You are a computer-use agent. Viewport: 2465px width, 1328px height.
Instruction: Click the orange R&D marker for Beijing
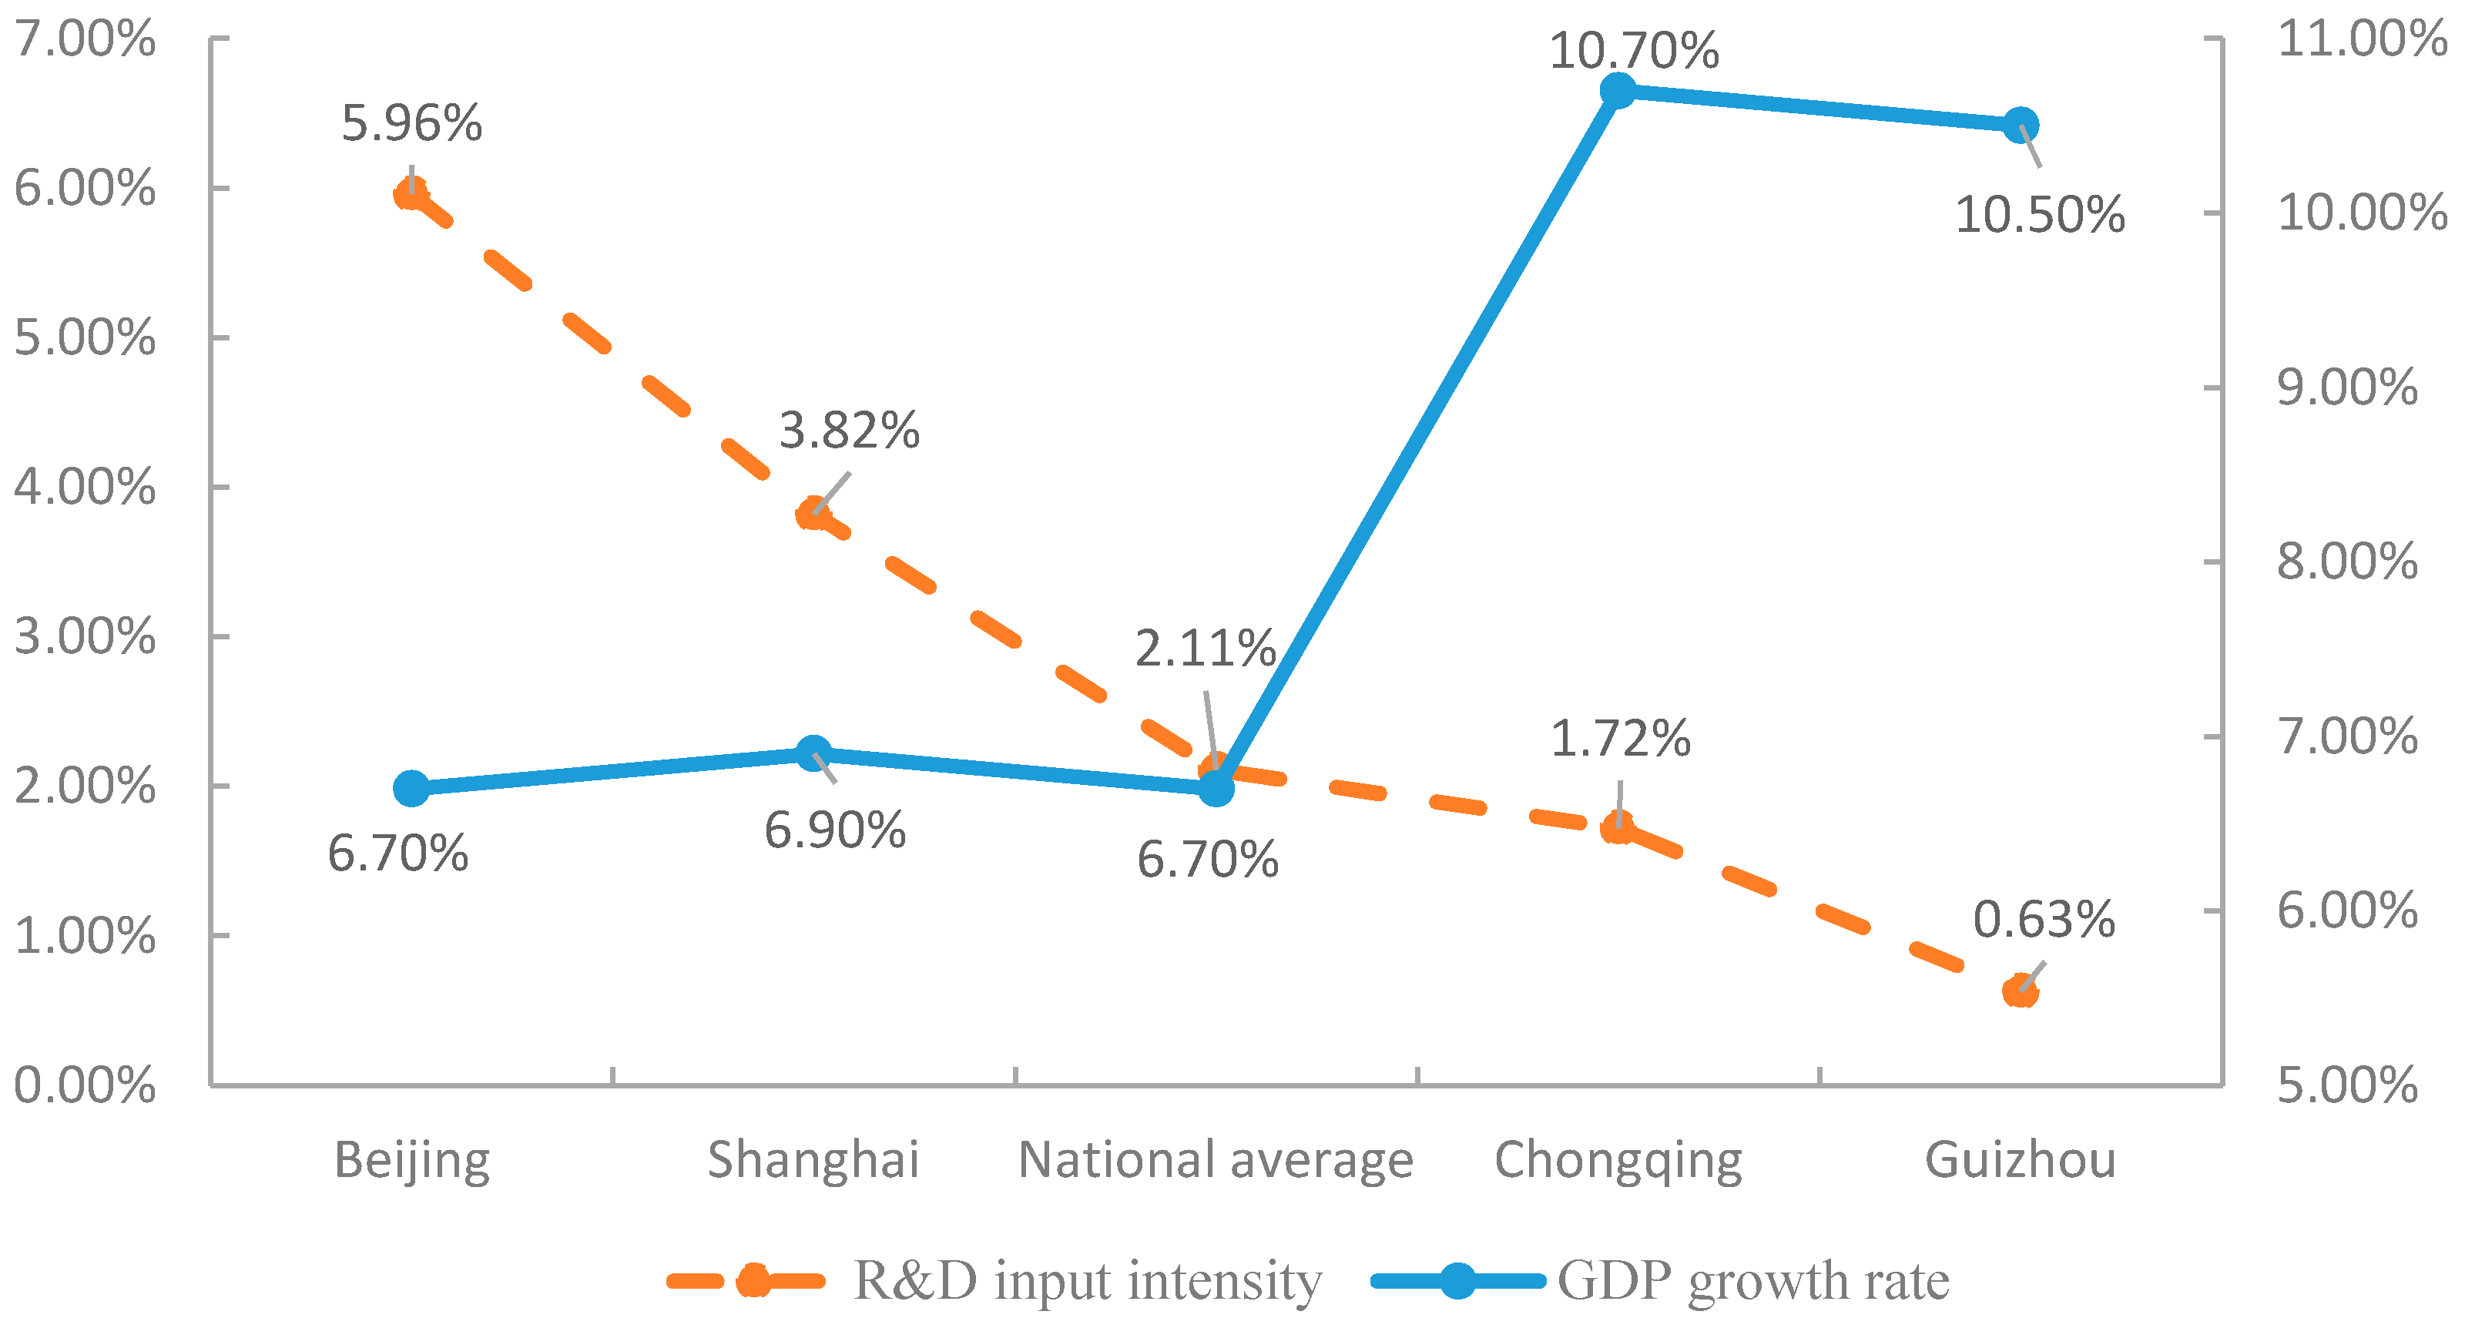tap(411, 194)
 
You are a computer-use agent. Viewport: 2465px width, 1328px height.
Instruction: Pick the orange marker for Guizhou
tap(2020, 991)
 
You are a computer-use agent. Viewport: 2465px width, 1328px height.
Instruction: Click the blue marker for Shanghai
tap(813, 754)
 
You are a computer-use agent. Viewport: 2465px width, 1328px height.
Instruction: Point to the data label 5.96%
tap(411, 123)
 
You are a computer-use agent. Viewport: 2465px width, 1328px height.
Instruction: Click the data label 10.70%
tap(1633, 50)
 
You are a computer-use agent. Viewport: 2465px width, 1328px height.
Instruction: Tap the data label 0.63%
tap(2044, 920)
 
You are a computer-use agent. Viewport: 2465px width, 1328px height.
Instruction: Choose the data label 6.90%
tap(834, 830)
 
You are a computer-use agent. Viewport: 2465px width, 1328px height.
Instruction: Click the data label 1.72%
tap(1620, 739)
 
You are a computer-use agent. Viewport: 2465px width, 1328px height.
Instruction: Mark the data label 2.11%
tap(1206, 649)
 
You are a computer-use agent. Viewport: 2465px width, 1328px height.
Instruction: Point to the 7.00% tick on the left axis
tap(84, 39)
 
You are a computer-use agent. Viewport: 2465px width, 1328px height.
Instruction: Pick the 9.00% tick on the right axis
tap(2346, 387)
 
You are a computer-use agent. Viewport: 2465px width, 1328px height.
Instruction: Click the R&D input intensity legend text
tap(1087, 1280)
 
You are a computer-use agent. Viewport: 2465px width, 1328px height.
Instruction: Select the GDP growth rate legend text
tap(1753, 1280)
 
